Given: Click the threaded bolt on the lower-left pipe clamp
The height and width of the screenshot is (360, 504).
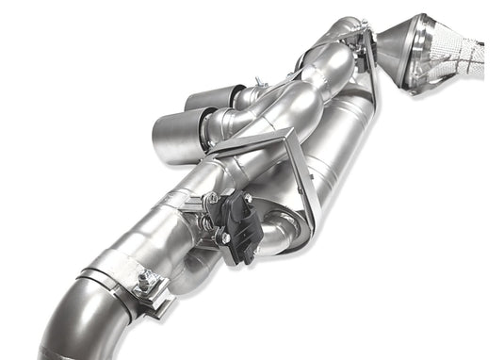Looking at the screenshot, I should tap(145, 279).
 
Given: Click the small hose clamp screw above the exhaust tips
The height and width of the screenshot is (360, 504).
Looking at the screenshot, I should tap(261, 86).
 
